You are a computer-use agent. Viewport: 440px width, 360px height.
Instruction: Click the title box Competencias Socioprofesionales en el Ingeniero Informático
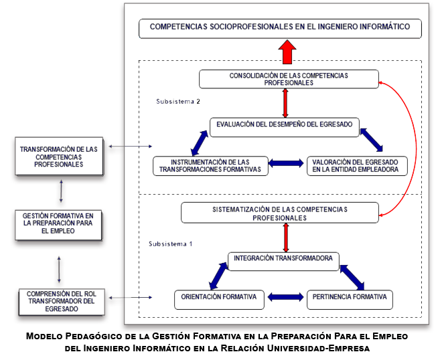280,29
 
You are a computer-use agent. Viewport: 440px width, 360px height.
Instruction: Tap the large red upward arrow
287,51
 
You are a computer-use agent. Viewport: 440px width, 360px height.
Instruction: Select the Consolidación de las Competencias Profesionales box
288,79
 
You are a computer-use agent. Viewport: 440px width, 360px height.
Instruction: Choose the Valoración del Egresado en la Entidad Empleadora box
358,165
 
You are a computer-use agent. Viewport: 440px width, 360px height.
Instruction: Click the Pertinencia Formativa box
349,298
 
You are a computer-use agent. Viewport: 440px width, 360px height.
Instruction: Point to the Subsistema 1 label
170,244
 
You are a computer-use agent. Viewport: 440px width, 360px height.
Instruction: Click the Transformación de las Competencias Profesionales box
60,157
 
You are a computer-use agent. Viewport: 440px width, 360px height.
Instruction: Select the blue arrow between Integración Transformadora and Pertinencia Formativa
352,276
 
